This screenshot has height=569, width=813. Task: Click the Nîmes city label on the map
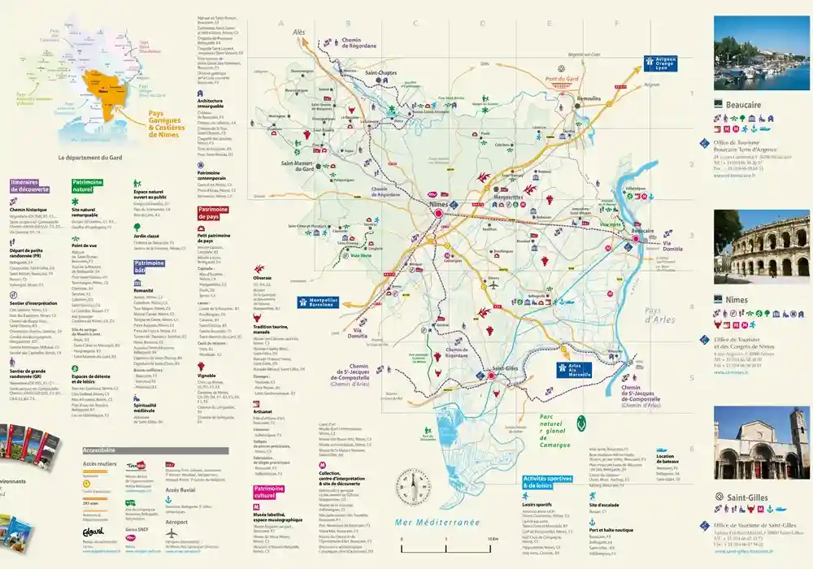tap(438, 204)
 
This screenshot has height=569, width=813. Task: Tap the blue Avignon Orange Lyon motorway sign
tap(660, 63)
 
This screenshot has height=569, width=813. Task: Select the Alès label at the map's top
tap(299, 32)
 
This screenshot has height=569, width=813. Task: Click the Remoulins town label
tap(589, 98)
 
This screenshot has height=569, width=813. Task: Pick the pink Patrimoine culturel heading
tap(263, 491)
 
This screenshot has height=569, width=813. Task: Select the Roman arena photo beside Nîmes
tap(762, 245)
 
